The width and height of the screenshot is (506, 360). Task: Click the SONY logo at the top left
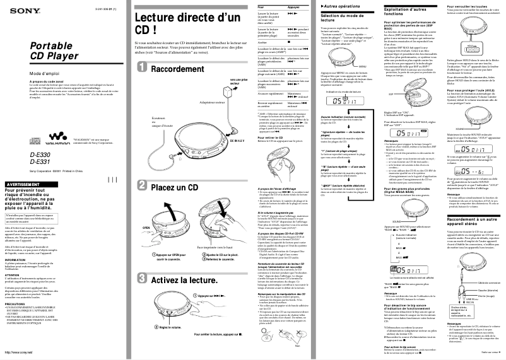coord(17,7)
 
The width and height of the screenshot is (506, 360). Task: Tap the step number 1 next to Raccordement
coord(143,69)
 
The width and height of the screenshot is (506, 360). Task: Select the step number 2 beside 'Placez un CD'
coord(143,187)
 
